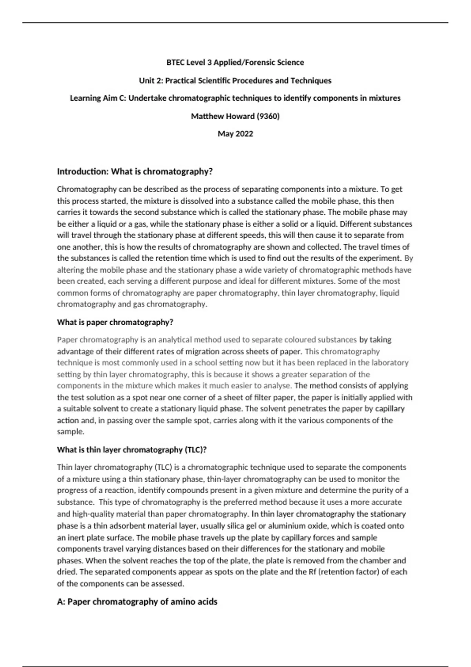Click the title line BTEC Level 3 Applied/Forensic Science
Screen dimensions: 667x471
[x=235, y=62]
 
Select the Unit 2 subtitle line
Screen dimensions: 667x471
[x=235, y=80]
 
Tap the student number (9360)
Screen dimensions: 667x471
[x=268, y=116]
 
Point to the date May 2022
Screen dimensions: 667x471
[x=235, y=134]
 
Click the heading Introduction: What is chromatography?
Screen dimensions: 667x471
[x=135, y=171]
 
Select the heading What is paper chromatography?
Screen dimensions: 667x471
[x=115, y=322]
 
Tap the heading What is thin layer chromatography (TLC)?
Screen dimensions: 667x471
[x=132, y=450]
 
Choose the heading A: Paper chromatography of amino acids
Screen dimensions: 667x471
[x=137, y=601]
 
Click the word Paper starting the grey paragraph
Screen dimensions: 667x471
[x=67, y=340]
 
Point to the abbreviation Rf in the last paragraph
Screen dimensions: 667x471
[x=312, y=572]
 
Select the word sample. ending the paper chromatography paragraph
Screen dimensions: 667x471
[x=71, y=432]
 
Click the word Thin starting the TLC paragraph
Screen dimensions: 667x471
[x=64, y=467]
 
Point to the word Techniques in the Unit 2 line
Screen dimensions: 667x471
[x=311, y=80]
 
